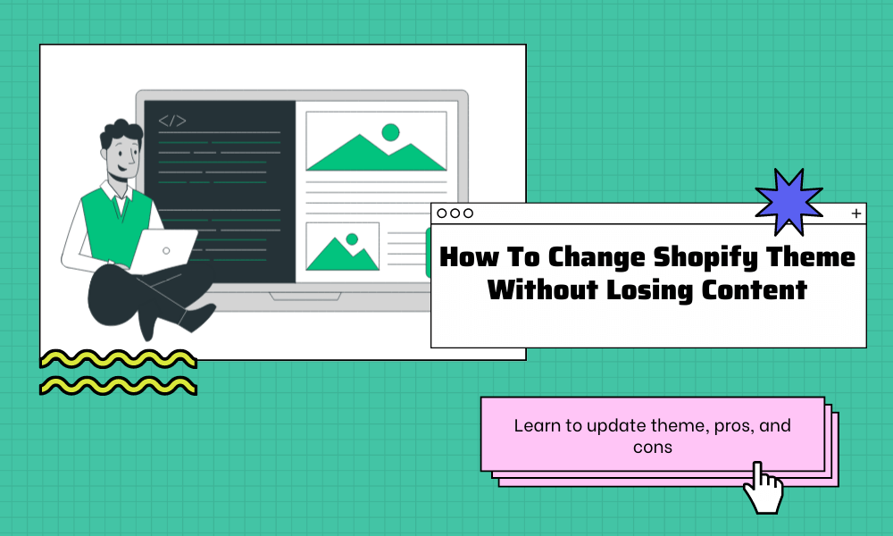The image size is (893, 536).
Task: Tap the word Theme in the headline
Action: coord(813,258)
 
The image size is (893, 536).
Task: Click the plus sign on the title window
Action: coord(856,214)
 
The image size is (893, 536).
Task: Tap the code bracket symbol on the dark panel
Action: coord(172,121)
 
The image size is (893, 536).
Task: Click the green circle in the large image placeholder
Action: coord(390,133)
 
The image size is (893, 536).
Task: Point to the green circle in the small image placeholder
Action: coord(352,239)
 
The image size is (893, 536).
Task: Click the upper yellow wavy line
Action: coord(118,360)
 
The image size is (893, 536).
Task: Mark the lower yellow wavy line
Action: coord(118,386)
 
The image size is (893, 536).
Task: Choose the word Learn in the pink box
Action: coord(533,426)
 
